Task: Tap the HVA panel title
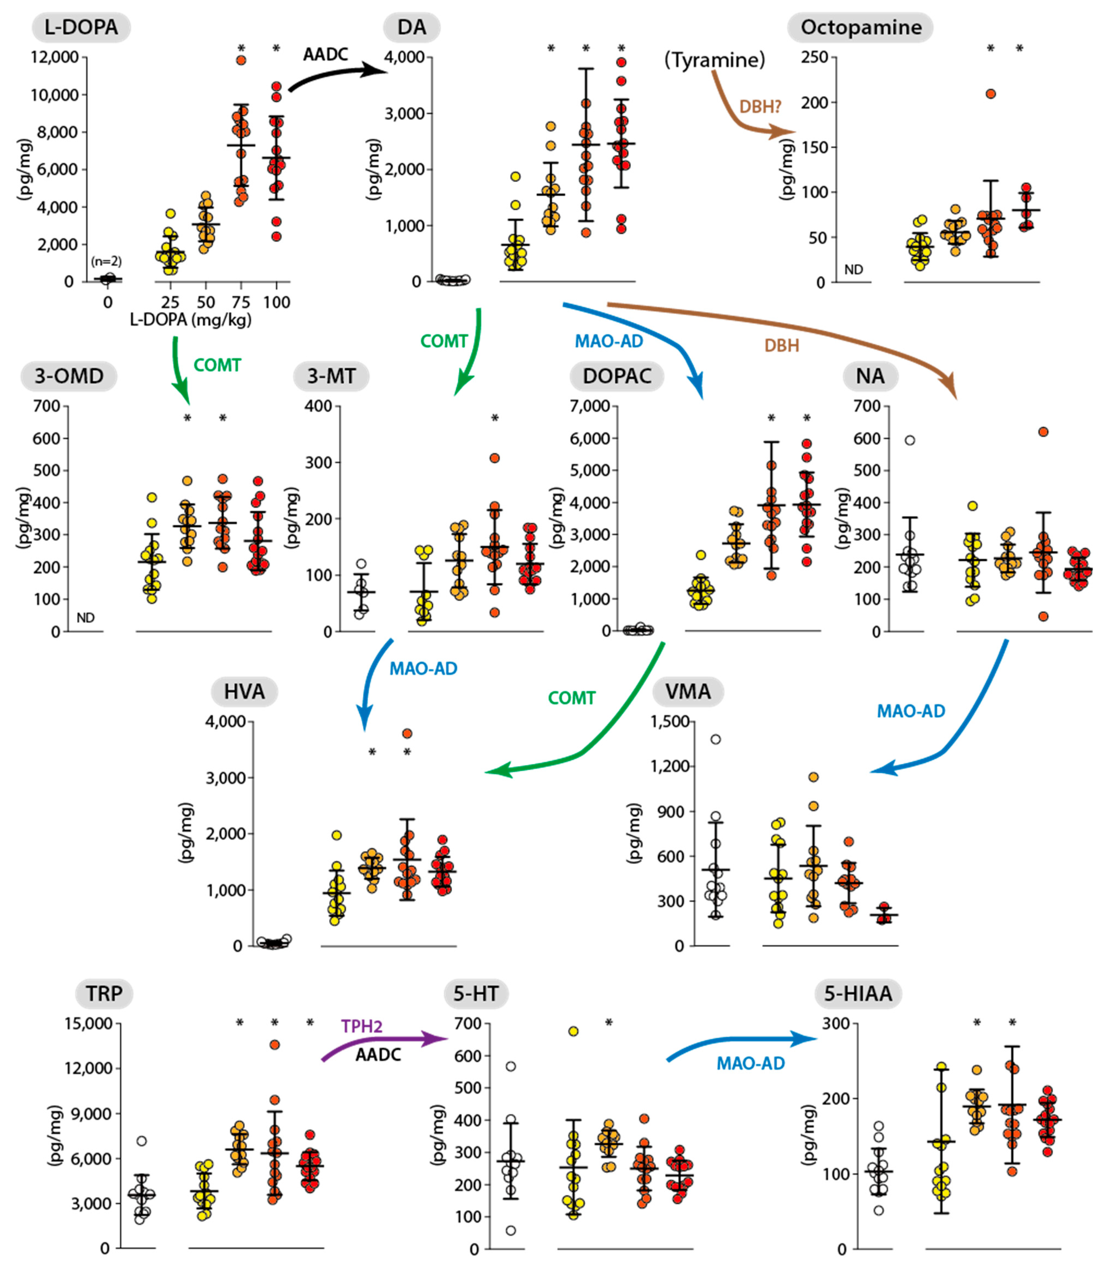click(x=244, y=692)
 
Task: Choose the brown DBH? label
click(x=760, y=107)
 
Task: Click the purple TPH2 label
click(x=362, y=1026)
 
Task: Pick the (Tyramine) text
click(x=715, y=60)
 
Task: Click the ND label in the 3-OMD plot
click(x=85, y=617)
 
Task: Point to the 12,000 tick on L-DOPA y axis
click(x=55, y=57)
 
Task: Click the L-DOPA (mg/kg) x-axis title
click(x=191, y=319)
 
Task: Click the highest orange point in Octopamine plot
click(x=990, y=94)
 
